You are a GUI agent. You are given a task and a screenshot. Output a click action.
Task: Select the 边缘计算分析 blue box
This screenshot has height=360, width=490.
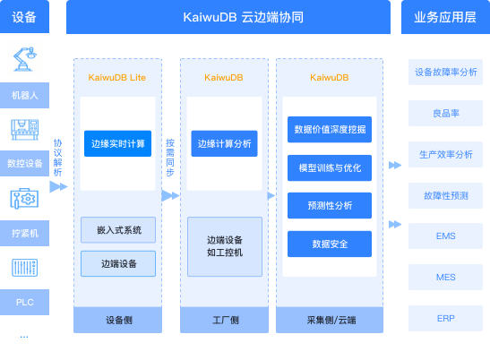pyautogui.click(x=225, y=142)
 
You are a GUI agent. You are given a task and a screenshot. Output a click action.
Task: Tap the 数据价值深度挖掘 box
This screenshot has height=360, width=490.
pyautogui.click(x=329, y=128)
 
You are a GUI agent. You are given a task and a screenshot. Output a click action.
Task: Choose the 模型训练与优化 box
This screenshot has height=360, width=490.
pyautogui.click(x=329, y=167)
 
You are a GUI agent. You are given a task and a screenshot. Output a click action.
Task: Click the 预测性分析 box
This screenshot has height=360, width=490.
pyautogui.click(x=329, y=205)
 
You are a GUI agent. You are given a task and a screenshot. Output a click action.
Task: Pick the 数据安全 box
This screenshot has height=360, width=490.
pyautogui.click(x=329, y=244)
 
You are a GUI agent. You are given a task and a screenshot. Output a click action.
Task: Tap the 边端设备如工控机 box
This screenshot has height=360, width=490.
pyautogui.click(x=225, y=246)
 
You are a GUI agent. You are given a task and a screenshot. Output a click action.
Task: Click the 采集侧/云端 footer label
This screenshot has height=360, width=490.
pyautogui.click(x=330, y=319)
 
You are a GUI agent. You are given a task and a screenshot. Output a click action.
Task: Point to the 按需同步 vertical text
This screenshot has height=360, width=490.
pyautogui.click(x=170, y=158)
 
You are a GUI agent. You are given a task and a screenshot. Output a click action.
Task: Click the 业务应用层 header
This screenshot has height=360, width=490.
pyautogui.click(x=445, y=17)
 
